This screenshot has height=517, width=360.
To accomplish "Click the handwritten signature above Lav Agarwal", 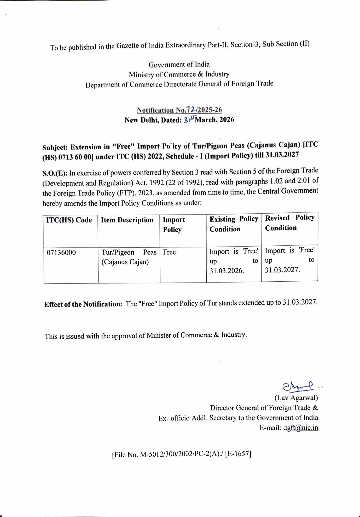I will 298,386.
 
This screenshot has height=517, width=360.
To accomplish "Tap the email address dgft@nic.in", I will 301,428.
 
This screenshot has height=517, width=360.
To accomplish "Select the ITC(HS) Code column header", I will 69,220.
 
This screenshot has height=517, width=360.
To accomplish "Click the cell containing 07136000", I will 61,253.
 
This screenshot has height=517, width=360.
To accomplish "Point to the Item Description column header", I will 127,220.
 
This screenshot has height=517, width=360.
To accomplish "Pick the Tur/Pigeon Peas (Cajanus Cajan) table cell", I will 129,257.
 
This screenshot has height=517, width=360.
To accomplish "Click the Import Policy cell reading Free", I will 170,252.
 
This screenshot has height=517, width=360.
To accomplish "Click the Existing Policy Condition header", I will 234,224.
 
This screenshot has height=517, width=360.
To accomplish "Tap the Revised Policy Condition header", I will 290,223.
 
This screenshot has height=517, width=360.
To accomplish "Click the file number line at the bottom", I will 181,454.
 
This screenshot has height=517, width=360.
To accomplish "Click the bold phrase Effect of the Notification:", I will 83,304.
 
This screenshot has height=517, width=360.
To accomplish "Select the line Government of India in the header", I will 179,65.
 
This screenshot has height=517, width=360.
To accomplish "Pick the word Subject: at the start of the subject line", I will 55,147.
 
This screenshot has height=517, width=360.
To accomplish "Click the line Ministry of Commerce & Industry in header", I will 179,74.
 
